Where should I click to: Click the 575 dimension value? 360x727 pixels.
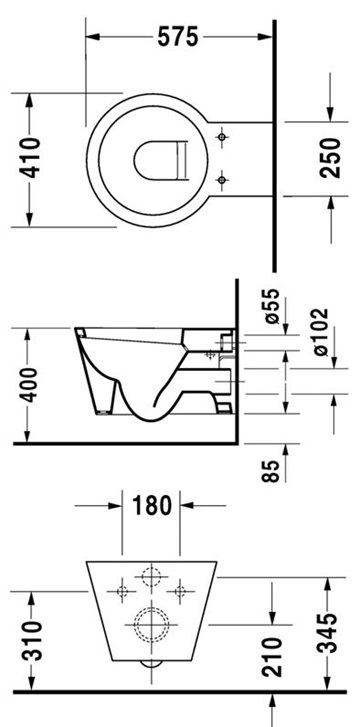(177, 37)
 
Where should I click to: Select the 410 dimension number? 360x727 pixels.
(30, 158)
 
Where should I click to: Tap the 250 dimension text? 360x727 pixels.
(330, 158)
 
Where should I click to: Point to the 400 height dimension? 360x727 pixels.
(30, 384)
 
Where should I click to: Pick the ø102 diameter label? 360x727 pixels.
(320, 332)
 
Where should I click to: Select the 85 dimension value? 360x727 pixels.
(271, 471)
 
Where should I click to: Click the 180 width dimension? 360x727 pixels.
(152, 505)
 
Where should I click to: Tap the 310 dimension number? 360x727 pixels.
(32, 641)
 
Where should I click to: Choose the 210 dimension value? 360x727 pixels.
(271, 656)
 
